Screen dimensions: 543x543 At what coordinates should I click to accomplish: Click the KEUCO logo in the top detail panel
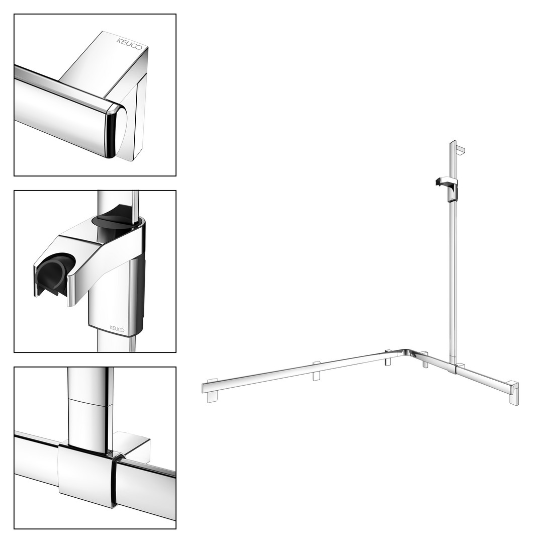point(129,44)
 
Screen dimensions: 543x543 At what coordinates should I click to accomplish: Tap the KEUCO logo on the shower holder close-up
point(117,328)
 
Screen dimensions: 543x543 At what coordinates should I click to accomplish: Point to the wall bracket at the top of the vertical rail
point(461,149)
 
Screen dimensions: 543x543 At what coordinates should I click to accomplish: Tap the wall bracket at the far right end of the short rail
point(513,393)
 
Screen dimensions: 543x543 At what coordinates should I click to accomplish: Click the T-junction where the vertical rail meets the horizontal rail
point(456,368)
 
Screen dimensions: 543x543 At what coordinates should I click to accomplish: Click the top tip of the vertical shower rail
point(453,141)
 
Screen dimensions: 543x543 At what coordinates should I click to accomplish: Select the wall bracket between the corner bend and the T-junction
point(424,360)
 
